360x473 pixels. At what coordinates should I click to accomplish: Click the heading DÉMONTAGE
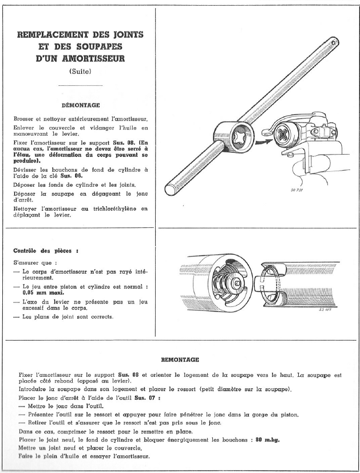point(81,105)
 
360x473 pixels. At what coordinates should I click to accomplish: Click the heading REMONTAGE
point(180,360)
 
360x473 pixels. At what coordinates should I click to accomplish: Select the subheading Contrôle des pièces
point(45,250)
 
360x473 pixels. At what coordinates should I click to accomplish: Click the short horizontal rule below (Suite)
point(81,85)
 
